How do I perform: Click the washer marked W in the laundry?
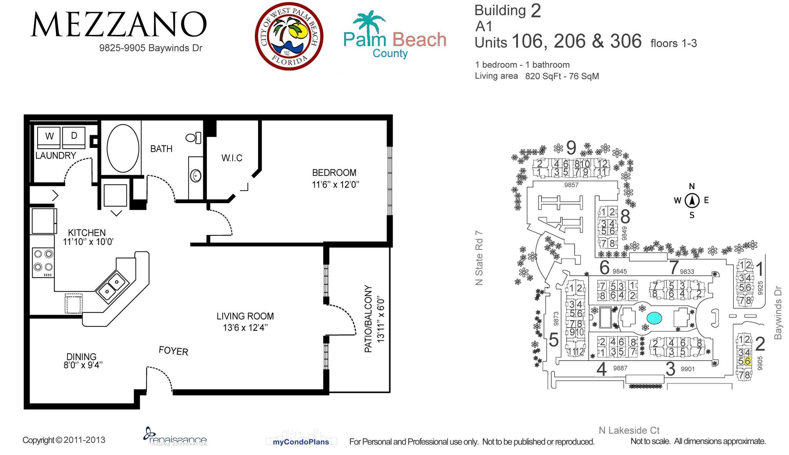[49, 137]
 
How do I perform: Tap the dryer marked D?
[74, 137]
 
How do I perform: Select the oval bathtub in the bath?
[123, 149]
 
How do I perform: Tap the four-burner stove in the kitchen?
[43, 262]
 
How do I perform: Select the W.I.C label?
[232, 158]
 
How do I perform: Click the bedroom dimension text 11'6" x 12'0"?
[335, 185]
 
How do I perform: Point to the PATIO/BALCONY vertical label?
[369, 319]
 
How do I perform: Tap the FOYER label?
[174, 351]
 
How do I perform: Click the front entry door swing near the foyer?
[161, 376]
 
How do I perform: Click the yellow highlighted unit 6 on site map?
[747, 361]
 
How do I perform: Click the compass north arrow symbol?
[692, 201]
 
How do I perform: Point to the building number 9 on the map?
[571, 147]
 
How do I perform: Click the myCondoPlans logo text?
[301, 442]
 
